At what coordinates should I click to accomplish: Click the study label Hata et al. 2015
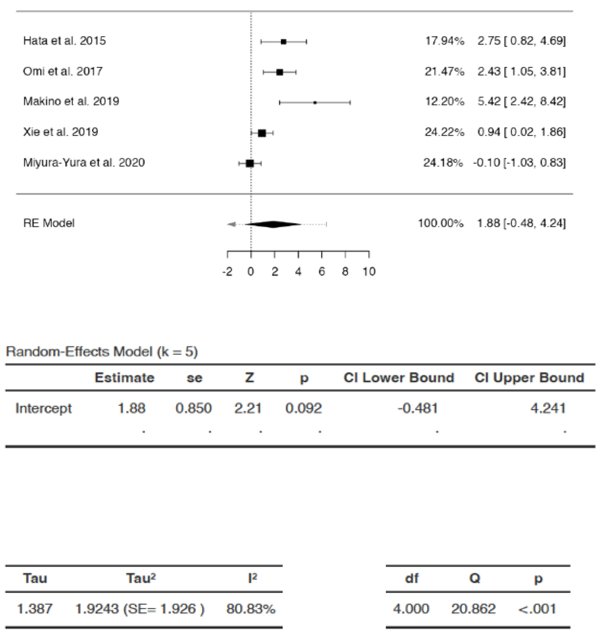click(x=64, y=41)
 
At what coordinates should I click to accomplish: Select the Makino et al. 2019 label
click(x=71, y=102)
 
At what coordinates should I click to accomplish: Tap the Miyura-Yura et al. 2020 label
click(x=84, y=163)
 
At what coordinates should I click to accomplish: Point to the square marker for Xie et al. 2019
click(x=262, y=133)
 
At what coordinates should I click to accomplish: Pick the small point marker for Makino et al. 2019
click(x=315, y=102)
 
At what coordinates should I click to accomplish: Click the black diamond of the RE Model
click(x=273, y=224)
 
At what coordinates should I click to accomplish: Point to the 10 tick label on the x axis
click(x=369, y=272)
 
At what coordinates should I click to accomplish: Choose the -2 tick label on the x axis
click(x=227, y=272)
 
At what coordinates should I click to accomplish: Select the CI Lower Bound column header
click(x=399, y=378)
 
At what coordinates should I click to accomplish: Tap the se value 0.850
click(x=194, y=408)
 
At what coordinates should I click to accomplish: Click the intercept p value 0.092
click(x=303, y=408)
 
